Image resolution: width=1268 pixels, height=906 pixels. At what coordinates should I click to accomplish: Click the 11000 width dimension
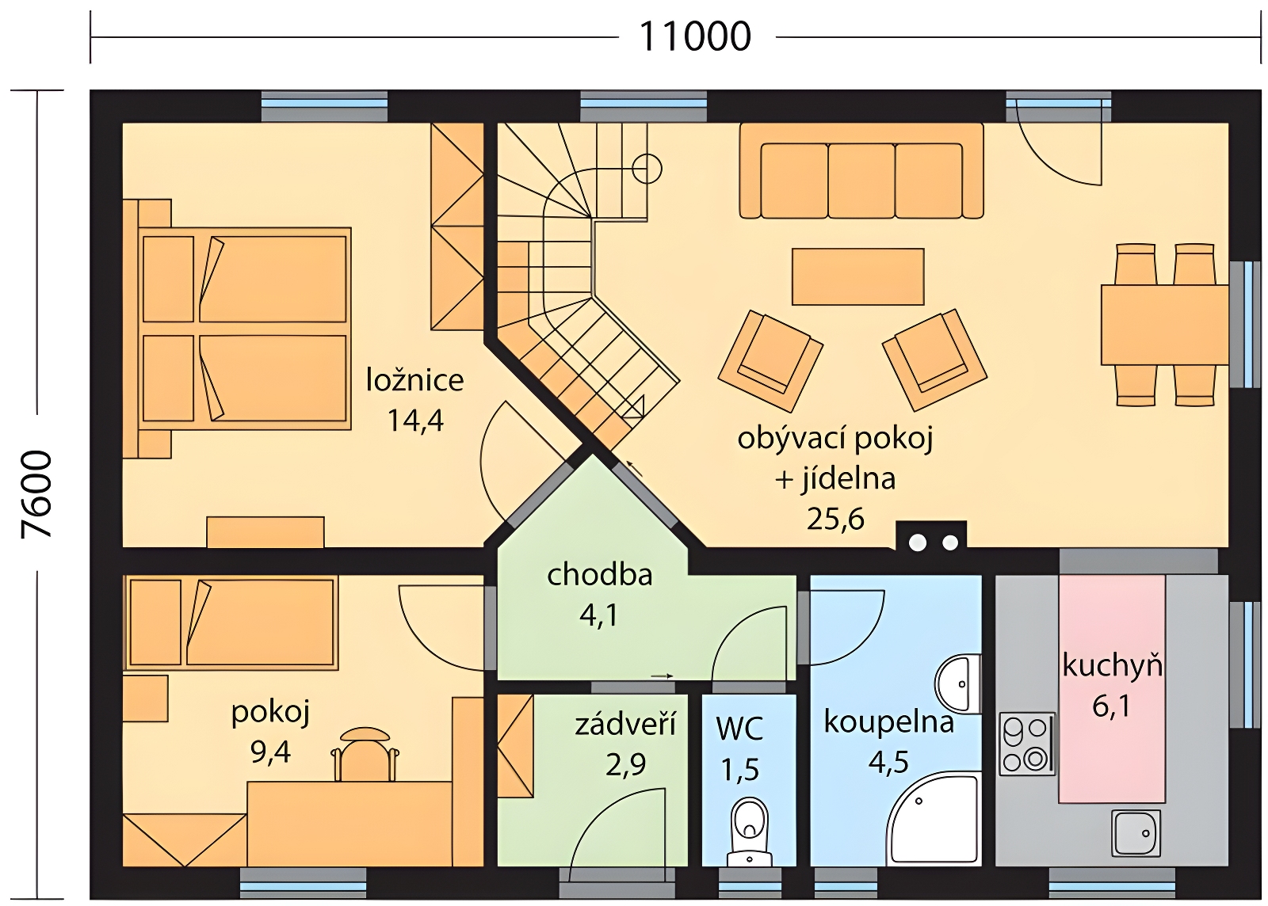(695, 36)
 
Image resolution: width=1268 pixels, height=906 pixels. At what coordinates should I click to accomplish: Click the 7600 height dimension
(36, 493)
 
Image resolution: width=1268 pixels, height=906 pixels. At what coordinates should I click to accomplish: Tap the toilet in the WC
(750, 832)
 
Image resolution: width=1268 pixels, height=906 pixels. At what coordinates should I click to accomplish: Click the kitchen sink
(1136, 833)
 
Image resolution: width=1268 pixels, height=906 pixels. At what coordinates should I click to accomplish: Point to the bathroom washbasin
(957, 683)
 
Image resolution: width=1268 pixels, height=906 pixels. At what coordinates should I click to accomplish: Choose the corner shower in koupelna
(933, 820)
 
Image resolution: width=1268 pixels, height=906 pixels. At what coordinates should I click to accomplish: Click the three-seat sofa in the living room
(861, 171)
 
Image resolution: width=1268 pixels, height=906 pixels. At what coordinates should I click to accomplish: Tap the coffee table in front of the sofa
(857, 276)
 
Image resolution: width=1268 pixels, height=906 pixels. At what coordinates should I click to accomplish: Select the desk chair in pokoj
(365, 753)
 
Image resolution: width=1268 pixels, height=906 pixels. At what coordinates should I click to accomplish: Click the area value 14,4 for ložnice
(415, 421)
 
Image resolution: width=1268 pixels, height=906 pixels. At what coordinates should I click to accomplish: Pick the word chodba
(599, 575)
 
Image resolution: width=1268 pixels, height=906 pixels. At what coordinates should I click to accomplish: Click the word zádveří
(625, 725)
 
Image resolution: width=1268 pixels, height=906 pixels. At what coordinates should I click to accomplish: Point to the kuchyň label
(1113, 665)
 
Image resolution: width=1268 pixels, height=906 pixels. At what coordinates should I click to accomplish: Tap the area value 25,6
(835, 518)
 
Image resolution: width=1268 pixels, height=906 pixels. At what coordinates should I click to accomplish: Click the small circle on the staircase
(647, 169)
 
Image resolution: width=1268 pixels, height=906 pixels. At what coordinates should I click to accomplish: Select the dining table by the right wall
(1165, 325)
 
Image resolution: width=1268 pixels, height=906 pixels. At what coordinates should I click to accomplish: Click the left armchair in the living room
(770, 360)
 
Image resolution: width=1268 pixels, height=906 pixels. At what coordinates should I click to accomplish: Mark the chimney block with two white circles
(931, 535)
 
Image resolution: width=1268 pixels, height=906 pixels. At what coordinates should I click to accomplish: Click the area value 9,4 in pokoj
(270, 752)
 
